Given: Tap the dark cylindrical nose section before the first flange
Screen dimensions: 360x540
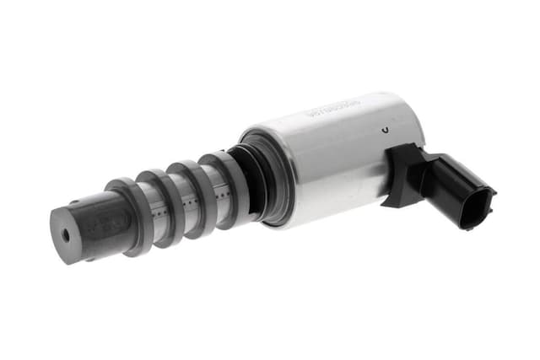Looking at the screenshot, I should (89, 226).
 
